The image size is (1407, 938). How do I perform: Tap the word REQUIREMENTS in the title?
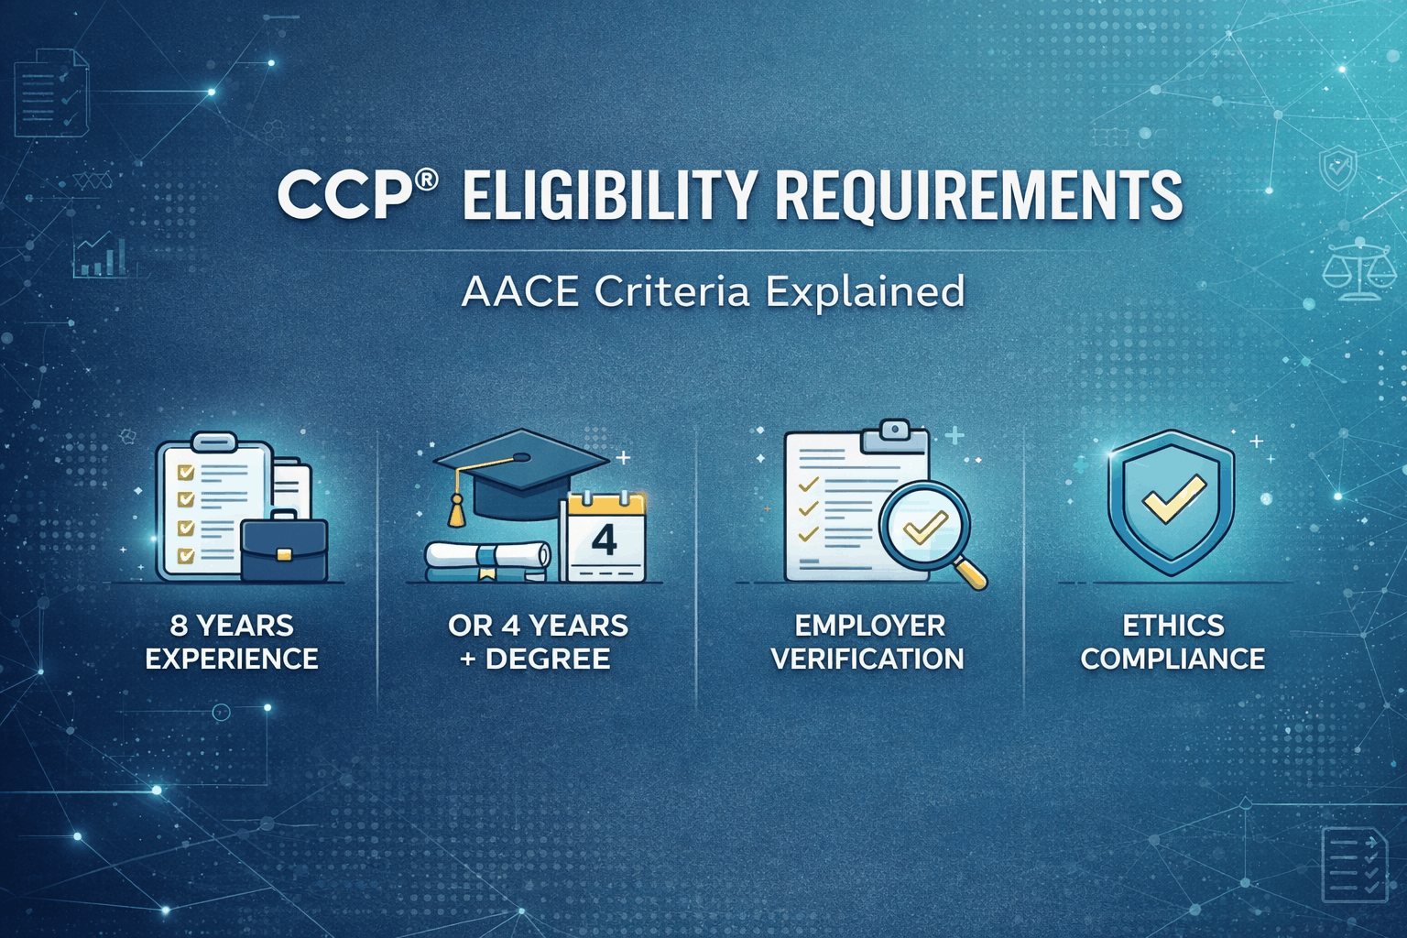tap(978, 195)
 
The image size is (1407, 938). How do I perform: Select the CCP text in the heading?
tap(343, 195)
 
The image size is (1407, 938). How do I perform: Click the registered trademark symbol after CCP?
tap(425, 180)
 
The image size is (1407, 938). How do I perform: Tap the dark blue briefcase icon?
tap(284, 548)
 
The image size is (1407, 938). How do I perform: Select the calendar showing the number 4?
tap(605, 538)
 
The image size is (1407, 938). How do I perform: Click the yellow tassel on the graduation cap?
tap(455, 509)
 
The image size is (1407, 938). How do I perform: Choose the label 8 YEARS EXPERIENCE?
tap(232, 642)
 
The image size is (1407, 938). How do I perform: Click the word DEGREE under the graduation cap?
tap(548, 659)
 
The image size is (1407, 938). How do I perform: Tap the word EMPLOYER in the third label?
tap(869, 626)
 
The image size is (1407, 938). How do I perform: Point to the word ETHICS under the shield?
tap(1173, 626)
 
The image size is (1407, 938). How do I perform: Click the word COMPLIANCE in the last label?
tap(1172, 659)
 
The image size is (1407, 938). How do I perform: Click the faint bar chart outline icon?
tap(101, 257)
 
